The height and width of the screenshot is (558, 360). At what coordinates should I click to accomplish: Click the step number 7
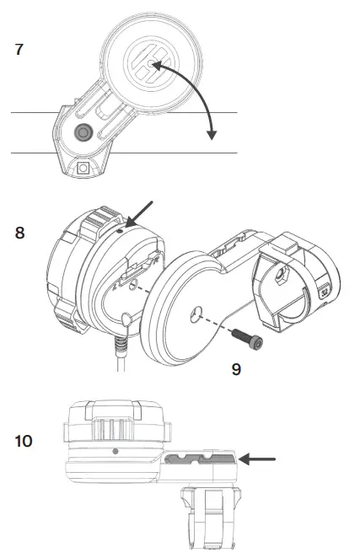pos(19,49)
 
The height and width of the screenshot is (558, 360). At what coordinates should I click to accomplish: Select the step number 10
pos(24,441)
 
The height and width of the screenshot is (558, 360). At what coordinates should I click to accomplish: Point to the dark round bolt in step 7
pos(83,133)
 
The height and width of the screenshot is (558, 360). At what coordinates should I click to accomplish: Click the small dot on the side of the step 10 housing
pos(115,451)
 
